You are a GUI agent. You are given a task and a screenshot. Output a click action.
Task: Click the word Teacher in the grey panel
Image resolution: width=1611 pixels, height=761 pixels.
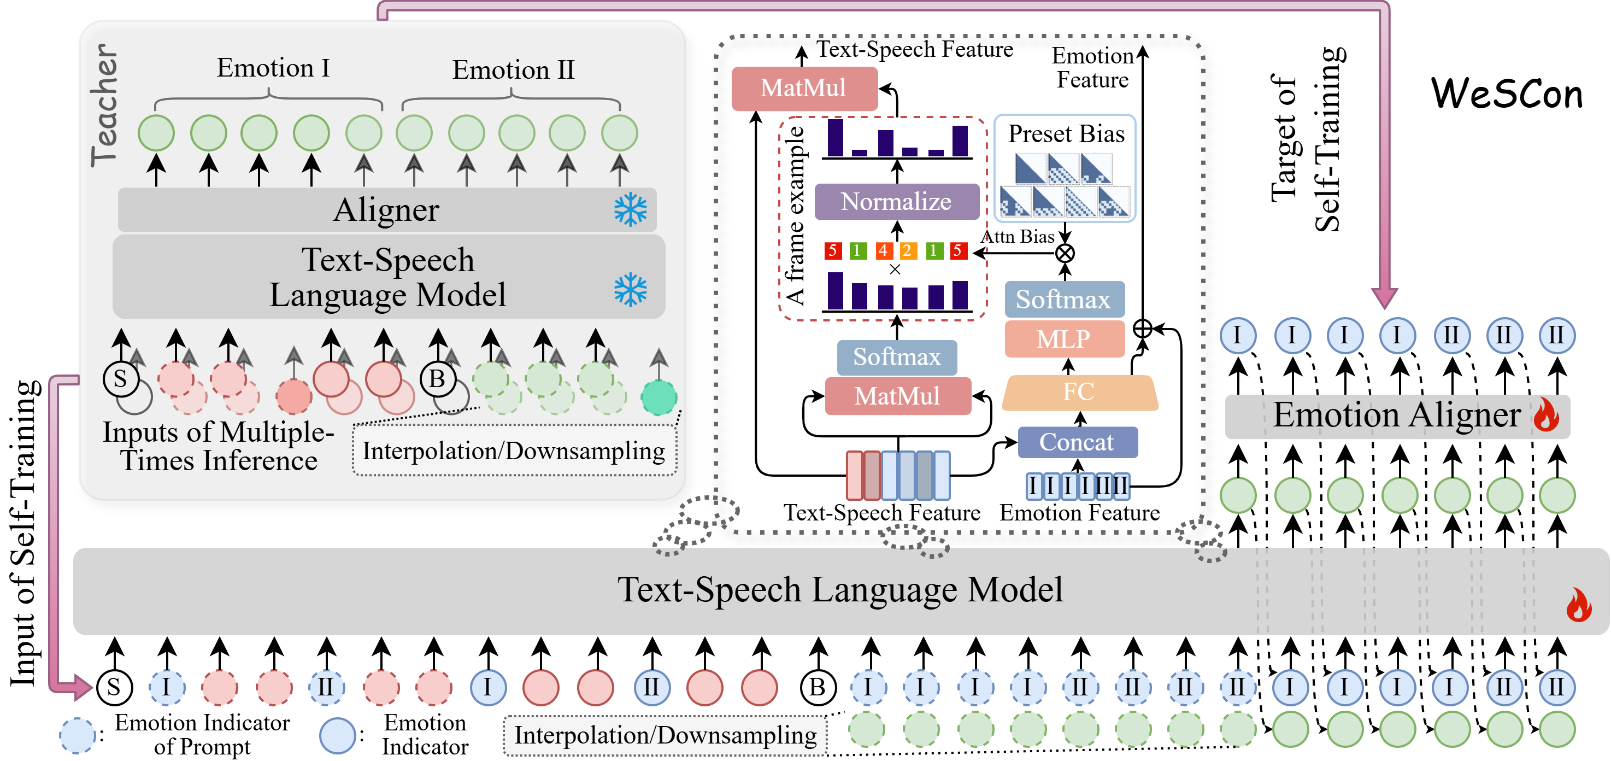click(104, 105)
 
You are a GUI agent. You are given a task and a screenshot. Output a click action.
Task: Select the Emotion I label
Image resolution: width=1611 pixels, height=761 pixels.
click(273, 68)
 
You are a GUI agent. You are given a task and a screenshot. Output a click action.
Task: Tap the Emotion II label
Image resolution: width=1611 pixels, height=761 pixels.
click(513, 69)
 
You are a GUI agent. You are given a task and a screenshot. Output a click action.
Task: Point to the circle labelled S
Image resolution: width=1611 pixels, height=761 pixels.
click(121, 379)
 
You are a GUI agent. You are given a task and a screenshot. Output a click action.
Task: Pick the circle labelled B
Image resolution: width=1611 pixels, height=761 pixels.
click(437, 379)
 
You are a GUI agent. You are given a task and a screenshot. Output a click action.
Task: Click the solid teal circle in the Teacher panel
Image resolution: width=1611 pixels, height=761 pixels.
click(658, 397)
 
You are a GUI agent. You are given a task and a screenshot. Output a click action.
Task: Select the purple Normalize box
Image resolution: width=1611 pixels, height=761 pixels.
click(896, 202)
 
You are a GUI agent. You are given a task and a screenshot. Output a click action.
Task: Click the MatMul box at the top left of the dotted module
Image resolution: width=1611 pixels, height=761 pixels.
click(804, 88)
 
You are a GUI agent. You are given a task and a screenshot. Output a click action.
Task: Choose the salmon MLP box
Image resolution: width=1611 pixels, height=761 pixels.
click(1064, 339)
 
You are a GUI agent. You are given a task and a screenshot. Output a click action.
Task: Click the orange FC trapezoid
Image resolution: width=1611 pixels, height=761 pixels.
click(1079, 393)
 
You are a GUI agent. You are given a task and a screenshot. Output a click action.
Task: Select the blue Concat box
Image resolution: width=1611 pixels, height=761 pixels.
click(1077, 442)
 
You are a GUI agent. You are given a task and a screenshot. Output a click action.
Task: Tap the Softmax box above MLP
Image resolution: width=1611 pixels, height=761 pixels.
click(1064, 299)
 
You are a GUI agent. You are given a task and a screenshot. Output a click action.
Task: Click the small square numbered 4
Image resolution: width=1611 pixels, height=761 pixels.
click(883, 251)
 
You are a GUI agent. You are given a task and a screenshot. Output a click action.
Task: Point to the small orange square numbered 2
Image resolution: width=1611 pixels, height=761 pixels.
click(908, 251)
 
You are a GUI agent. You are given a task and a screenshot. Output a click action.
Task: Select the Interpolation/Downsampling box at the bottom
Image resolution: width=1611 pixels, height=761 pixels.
click(665, 735)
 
